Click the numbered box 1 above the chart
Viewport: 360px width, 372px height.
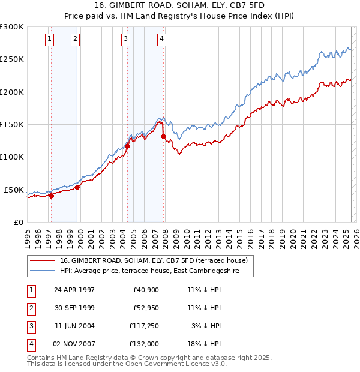[x=49, y=40]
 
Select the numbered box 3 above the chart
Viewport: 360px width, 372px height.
[x=125, y=40]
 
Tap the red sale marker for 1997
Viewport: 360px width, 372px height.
[x=52, y=195]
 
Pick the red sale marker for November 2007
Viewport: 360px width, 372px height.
[x=163, y=136]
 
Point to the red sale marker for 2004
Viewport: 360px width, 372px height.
[x=127, y=146]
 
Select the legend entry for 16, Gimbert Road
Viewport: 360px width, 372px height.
[x=157, y=260]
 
